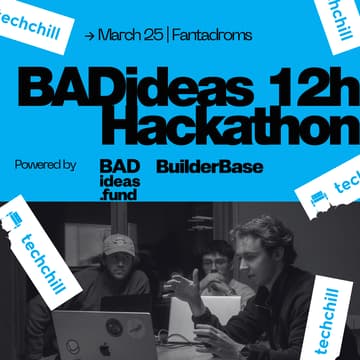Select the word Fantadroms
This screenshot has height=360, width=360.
[x=211, y=36]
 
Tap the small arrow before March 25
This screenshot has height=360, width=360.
[x=91, y=36]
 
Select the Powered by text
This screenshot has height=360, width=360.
[x=45, y=164]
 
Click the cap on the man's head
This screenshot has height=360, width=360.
[x=118, y=243]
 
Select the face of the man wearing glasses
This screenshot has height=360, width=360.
[x=213, y=265]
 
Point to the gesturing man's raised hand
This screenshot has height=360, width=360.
[x=184, y=287]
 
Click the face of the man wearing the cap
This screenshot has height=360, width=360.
[x=117, y=262]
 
